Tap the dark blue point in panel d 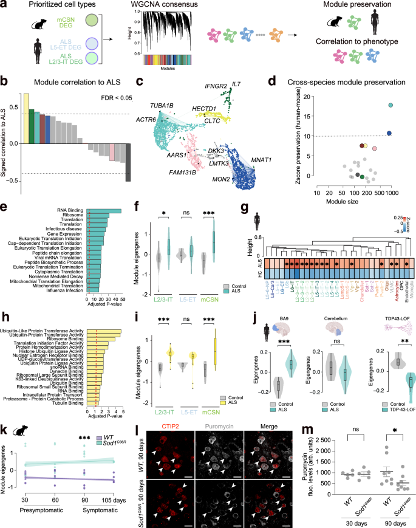389,133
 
